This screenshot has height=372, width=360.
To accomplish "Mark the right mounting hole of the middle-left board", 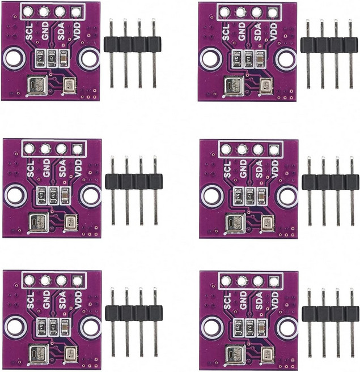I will click(x=90, y=196).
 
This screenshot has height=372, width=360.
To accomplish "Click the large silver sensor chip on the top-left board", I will click(x=37, y=86).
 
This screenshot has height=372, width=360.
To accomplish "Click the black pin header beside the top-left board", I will click(x=132, y=44).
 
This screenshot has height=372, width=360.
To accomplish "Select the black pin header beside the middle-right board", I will click(x=330, y=182).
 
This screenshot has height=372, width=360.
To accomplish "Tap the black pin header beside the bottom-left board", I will click(x=133, y=313).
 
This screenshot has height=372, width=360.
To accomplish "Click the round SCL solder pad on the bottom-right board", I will click(x=226, y=280).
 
